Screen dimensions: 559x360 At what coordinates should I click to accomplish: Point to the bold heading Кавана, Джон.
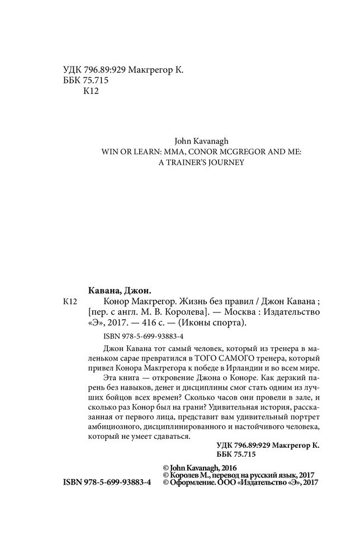click(x=120, y=290)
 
